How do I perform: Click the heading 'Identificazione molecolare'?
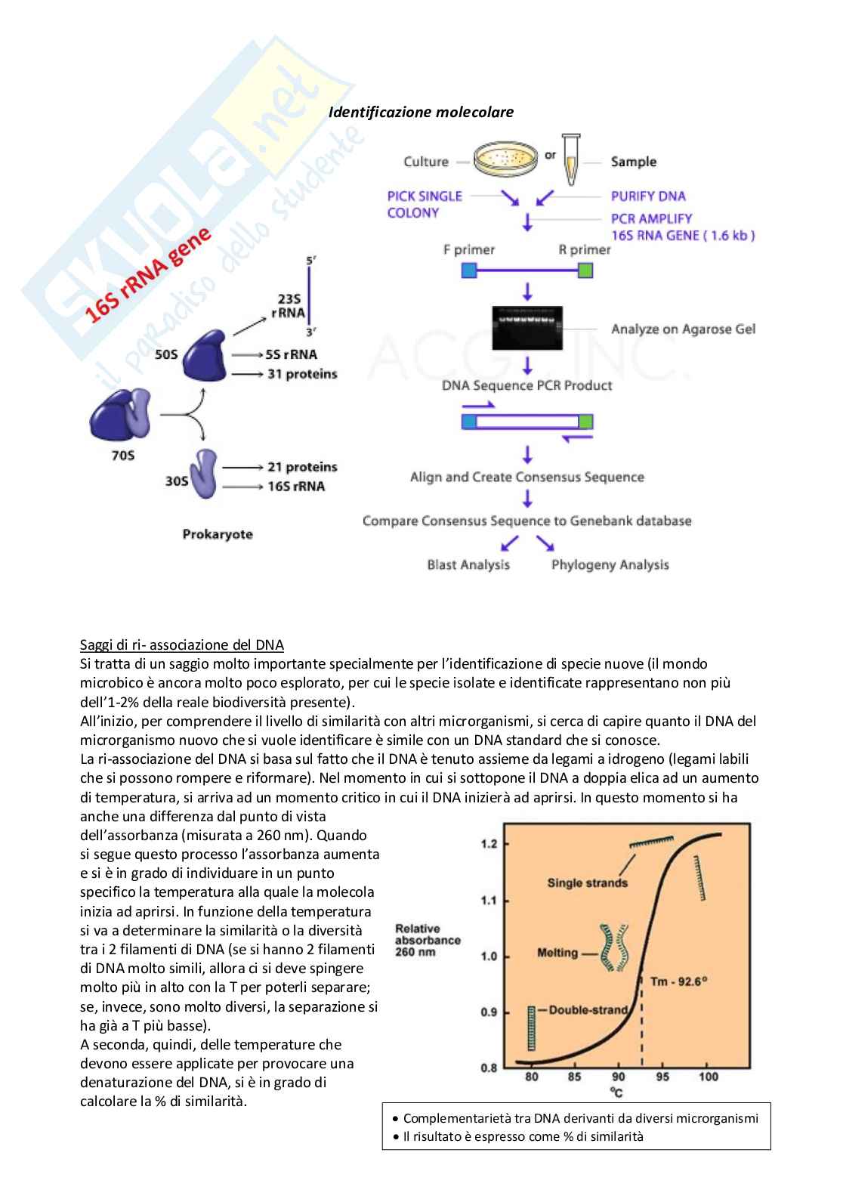(x=421, y=112)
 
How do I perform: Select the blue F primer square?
(x=469, y=270)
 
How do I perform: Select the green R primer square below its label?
(x=585, y=270)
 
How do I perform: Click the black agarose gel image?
(x=527, y=328)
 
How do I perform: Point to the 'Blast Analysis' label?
(x=468, y=564)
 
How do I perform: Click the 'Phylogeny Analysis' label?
(x=610, y=564)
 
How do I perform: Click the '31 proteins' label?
(x=301, y=374)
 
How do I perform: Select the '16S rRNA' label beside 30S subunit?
(x=296, y=486)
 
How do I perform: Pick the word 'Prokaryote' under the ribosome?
(x=218, y=534)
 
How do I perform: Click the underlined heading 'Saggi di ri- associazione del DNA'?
(x=182, y=644)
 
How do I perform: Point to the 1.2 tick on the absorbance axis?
(x=489, y=844)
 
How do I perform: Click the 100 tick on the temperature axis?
(x=708, y=1076)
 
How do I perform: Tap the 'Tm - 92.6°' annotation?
(x=678, y=981)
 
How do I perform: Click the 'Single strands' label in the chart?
(x=587, y=882)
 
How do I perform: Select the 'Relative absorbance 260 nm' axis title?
(x=428, y=940)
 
